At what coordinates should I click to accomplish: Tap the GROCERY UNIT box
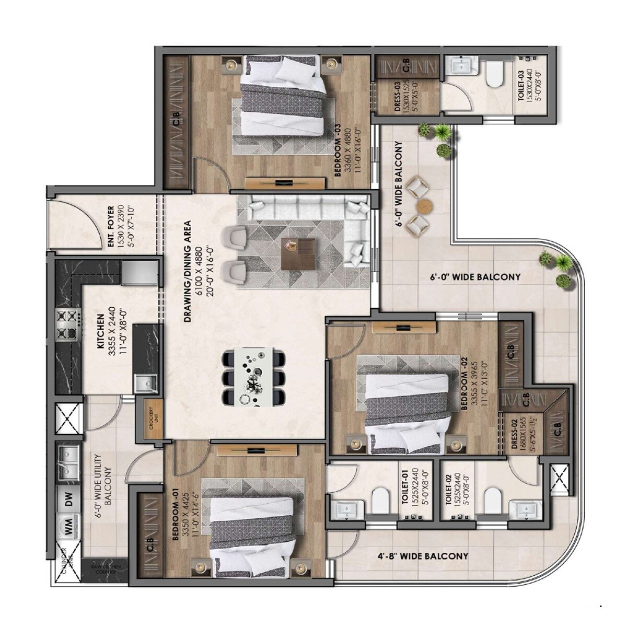tap(149, 416)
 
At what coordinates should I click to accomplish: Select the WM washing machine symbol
tap(68, 526)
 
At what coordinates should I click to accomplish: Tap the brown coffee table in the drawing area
tap(298, 253)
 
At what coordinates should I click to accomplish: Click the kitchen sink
tap(145, 384)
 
